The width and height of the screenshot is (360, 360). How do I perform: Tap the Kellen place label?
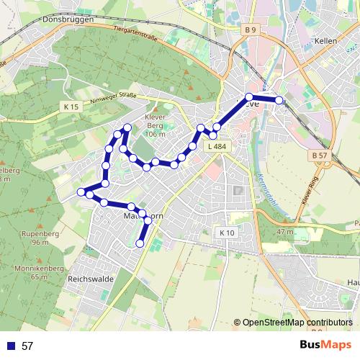[x=326, y=42]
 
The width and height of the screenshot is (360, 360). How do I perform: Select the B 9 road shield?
[x=250, y=30]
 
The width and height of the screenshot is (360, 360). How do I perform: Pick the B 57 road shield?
[x=321, y=155]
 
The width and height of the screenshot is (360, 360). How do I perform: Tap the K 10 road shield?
[x=226, y=233]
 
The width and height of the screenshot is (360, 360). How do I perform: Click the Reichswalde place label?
[x=87, y=278]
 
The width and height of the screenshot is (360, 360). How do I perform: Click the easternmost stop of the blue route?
[x=279, y=101]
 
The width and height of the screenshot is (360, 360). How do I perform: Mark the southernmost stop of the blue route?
[x=140, y=243]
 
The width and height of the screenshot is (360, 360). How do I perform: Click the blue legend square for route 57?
[x=11, y=346]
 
